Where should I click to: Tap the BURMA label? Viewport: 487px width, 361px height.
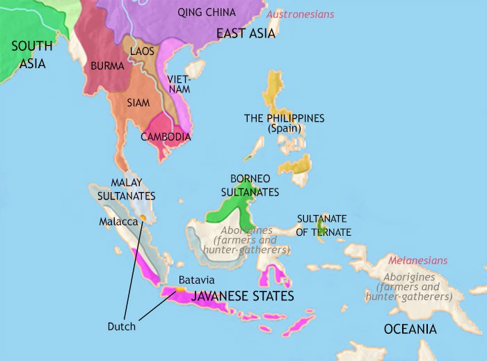pos(108,67)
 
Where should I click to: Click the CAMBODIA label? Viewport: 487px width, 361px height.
pos(166,136)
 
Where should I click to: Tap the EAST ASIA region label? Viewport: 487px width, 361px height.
pos(246,33)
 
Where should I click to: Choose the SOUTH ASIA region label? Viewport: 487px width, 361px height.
pos(31,55)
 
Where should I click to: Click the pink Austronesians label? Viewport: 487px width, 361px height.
pos(301,14)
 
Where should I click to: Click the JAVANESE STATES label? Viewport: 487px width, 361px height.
pos(242,296)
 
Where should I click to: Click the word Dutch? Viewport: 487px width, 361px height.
pos(122,326)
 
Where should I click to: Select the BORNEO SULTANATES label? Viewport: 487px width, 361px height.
pos(255,185)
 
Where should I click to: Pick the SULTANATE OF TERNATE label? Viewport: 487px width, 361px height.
pos(324,225)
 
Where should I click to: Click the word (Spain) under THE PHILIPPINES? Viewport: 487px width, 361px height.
pos(284,129)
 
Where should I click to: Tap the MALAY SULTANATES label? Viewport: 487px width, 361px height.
pos(127,189)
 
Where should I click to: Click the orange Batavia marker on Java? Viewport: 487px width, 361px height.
pos(179,287)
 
